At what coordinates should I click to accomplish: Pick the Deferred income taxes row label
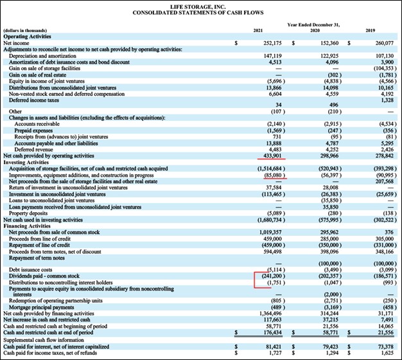(33, 99)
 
